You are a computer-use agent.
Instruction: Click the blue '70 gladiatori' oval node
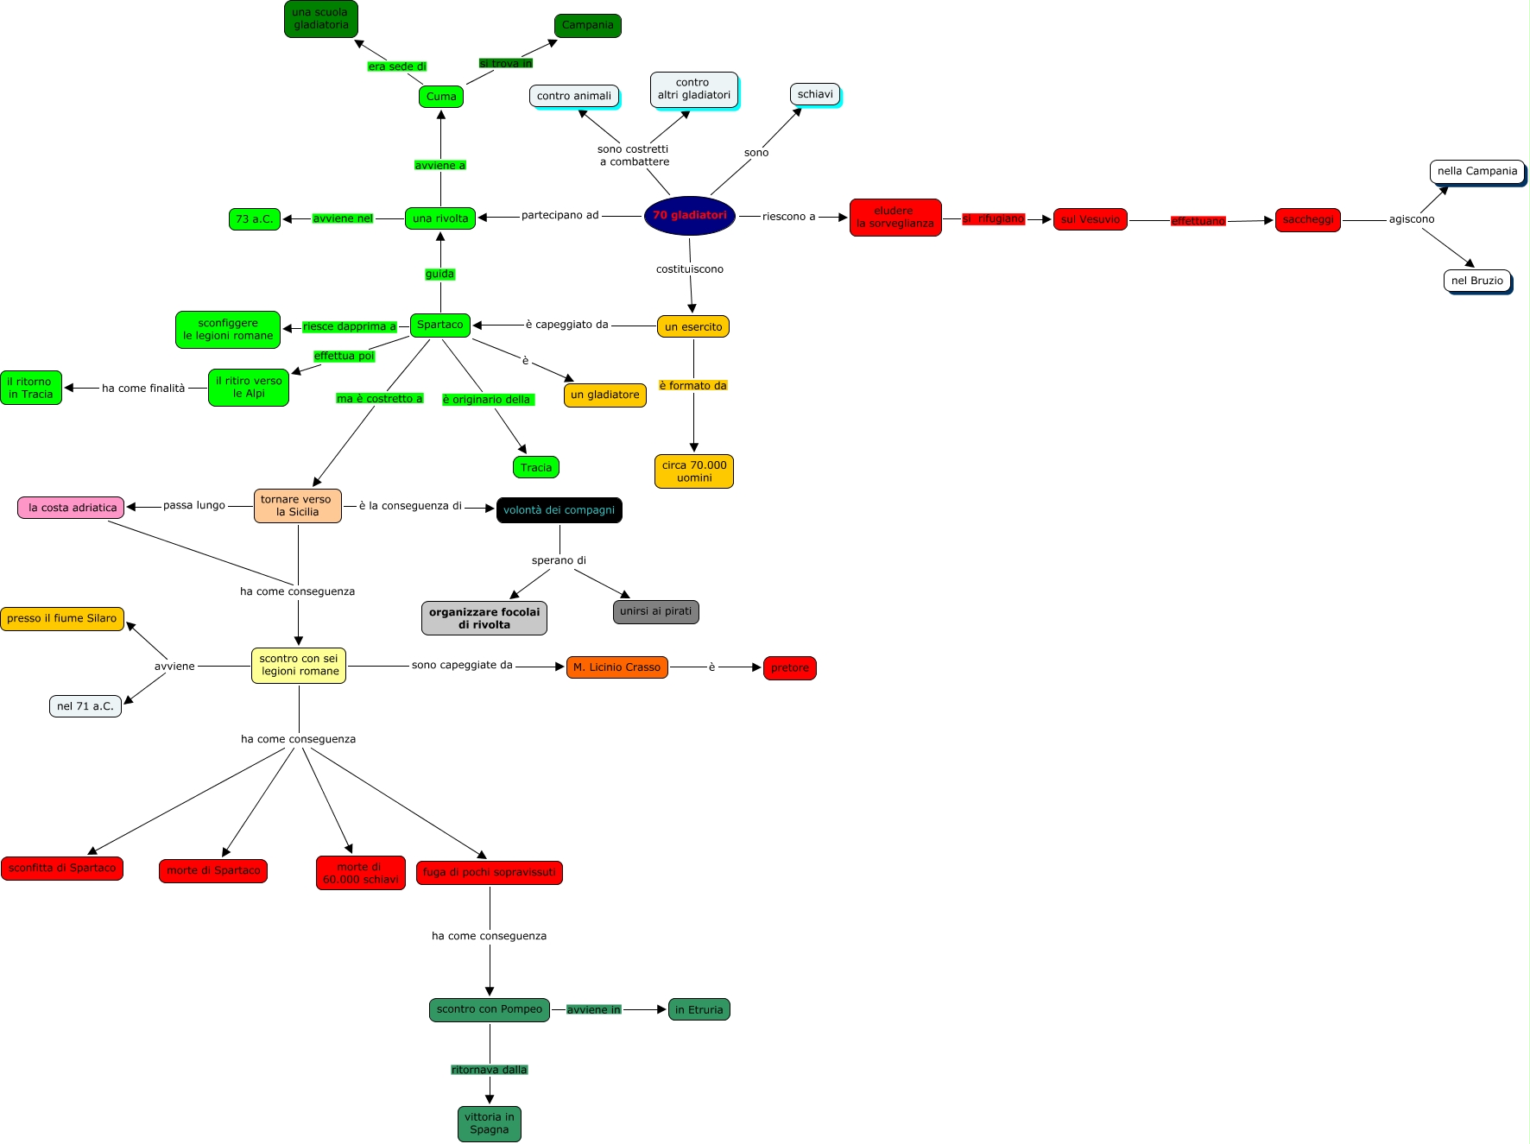tap(689, 216)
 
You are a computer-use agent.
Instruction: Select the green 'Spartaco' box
tap(440, 326)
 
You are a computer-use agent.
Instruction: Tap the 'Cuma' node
tap(441, 97)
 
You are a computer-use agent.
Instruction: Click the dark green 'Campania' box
tap(587, 26)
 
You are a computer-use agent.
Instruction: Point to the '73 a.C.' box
tap(255, 219)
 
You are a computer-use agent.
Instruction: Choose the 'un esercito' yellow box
tap(693, 327)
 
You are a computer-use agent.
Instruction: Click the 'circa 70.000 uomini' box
tap(694, 471)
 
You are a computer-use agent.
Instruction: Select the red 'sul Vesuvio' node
tap(1090, 220)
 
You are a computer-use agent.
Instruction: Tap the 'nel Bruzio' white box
tap(1476, 281)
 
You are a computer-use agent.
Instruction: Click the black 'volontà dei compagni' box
tap(559, 510)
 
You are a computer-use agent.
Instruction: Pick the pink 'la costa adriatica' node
tap(72, 508)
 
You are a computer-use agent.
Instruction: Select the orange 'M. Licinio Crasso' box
tap(616, 667)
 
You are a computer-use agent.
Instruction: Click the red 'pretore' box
tap(789, 668)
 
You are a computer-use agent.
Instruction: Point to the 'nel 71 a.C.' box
tap(85, 706)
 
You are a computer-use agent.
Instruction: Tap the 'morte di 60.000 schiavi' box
tap(360, 873)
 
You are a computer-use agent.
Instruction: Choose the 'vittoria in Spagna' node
tap(489, 1123)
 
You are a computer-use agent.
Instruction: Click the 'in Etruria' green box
tap(699, 1009)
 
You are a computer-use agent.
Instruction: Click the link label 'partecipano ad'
tap(560, 216)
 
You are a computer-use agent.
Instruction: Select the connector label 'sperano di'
tap(559, 560)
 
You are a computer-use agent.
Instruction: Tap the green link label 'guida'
tap(439, 275)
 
